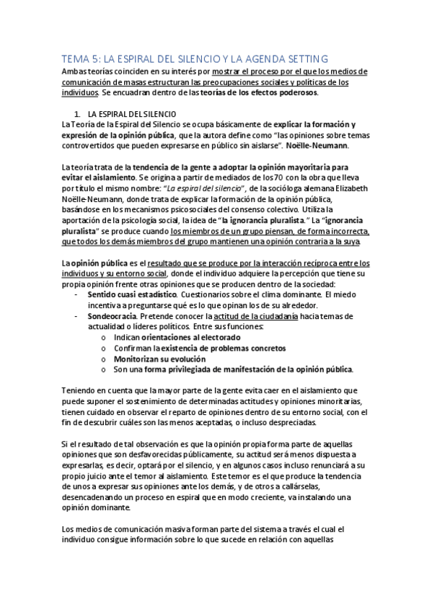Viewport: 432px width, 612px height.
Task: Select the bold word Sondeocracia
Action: (x=110, y=317)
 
